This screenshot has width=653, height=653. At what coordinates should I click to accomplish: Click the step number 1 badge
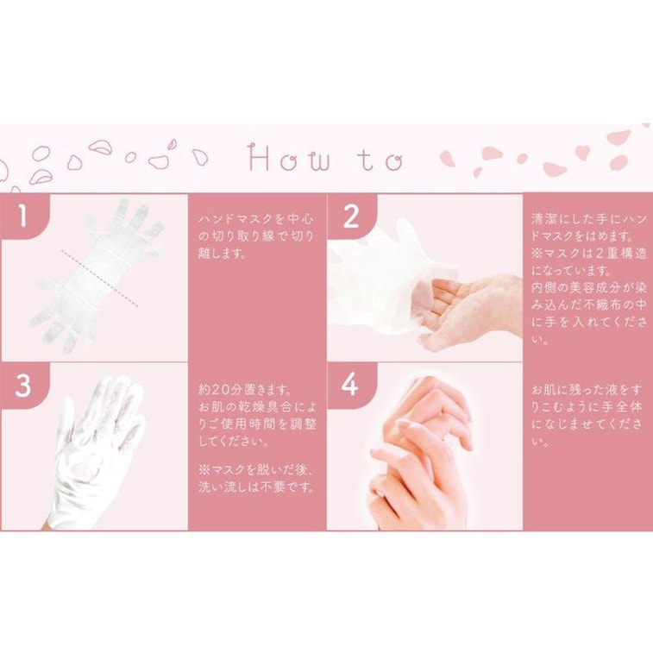click(22, 216)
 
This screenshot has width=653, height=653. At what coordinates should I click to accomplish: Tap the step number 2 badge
click(351, 217)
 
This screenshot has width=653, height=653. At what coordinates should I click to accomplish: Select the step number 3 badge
click(23, 386)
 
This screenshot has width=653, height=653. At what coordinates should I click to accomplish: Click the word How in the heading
click(290, 158)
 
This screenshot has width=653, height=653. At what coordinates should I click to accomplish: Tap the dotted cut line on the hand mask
click(100, 278)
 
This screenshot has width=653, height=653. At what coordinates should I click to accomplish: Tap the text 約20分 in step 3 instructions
click(221, 390)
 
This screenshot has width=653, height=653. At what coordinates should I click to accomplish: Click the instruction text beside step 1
click(256, 236)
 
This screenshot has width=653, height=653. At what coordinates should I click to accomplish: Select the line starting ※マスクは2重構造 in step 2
click(589, 253)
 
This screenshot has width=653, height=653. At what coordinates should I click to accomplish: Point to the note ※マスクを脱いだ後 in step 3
click(256, 470)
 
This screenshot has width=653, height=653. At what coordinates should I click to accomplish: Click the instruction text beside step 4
click(587, 415)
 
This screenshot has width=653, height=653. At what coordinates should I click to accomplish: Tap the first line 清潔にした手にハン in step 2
click(589, 218)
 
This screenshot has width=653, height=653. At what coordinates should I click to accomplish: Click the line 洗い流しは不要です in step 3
click(256, 487)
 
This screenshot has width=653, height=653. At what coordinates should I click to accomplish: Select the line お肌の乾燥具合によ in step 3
click(257, 407)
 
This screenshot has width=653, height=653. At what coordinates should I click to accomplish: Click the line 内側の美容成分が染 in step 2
click(589, 287)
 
